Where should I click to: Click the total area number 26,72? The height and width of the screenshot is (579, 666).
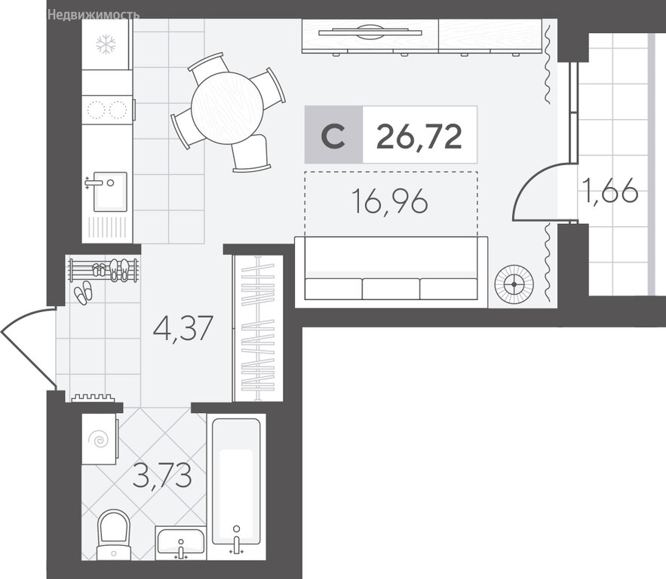click(419, 136)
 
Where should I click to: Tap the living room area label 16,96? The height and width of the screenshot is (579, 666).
click(390, 201)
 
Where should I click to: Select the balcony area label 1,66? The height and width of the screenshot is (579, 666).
click(610, 191)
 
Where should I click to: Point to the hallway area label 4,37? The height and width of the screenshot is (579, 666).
click(183, 328)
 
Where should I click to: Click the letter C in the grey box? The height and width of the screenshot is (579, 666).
click(333, 136)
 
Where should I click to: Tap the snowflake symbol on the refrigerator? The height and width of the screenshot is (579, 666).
click(106, 44)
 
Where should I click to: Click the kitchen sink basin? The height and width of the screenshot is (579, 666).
click(110, 191)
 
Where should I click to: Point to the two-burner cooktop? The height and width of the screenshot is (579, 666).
click(107, 109)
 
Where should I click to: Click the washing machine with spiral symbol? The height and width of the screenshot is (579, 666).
click(100, 440)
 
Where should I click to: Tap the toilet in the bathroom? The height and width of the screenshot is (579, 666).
click(113, 535)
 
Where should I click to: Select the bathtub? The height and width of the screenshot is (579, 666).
click(236, 481)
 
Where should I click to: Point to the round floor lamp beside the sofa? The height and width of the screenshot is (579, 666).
click(514, 284)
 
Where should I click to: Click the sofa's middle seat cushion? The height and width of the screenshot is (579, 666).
click(391, 289)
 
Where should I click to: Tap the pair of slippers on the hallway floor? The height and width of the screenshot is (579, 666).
click(83, 293)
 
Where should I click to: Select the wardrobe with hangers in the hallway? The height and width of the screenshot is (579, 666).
click(258, 328)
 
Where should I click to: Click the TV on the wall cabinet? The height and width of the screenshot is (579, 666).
click(370, 31)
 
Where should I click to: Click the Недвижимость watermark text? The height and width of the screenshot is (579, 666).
click(94, 15)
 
